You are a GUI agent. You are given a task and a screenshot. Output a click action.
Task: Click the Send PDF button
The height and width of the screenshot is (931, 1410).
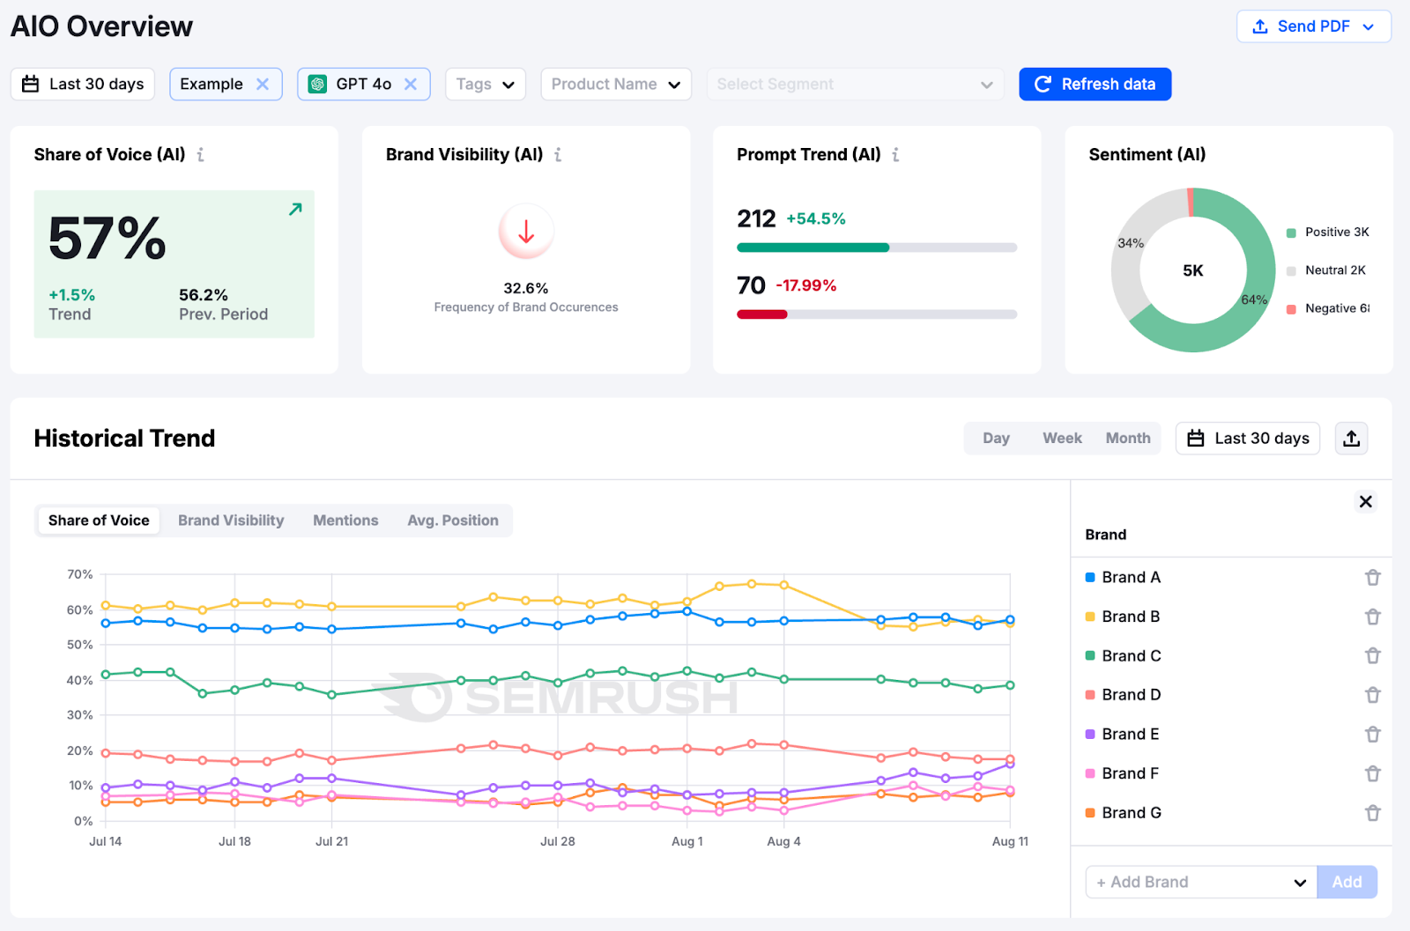tap(1312, 26)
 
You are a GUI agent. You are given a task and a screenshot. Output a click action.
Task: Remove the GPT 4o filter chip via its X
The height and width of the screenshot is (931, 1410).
tap(411, 84)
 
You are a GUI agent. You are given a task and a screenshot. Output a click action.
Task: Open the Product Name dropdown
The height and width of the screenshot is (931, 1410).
tap(615, 85)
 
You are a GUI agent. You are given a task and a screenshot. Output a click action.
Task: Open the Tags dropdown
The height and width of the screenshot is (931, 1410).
tap(485, 85)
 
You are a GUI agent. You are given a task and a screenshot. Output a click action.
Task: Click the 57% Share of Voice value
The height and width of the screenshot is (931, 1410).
tap(108, 239)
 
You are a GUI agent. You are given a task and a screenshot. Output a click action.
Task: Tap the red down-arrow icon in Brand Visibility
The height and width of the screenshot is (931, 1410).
tap(526, 232)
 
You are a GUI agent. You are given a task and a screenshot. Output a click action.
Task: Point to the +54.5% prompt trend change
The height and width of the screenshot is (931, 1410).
tap(815, 218)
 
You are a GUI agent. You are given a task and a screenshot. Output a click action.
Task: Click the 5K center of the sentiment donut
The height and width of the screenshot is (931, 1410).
tap(1192, 270)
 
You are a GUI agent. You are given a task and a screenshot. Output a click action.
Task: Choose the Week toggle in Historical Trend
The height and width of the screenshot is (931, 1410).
tap(1062, 438)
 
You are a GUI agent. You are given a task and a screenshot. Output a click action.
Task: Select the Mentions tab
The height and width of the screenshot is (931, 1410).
tap(345, 521)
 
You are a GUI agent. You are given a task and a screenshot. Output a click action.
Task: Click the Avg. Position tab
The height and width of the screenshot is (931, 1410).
tap(452, 521)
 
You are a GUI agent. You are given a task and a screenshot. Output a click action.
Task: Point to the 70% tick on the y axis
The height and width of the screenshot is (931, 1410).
tap(80, 574)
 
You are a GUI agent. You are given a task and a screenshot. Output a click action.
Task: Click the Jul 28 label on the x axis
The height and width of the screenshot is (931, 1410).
tap(557, 841)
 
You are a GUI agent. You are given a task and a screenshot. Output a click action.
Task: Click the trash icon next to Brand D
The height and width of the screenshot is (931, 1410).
tap(1372, 695)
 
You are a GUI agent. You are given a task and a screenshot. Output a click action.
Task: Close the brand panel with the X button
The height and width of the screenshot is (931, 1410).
tap(1365, 501)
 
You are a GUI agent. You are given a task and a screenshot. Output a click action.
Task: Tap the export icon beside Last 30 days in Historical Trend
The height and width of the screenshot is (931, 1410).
tap(1351, 438)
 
